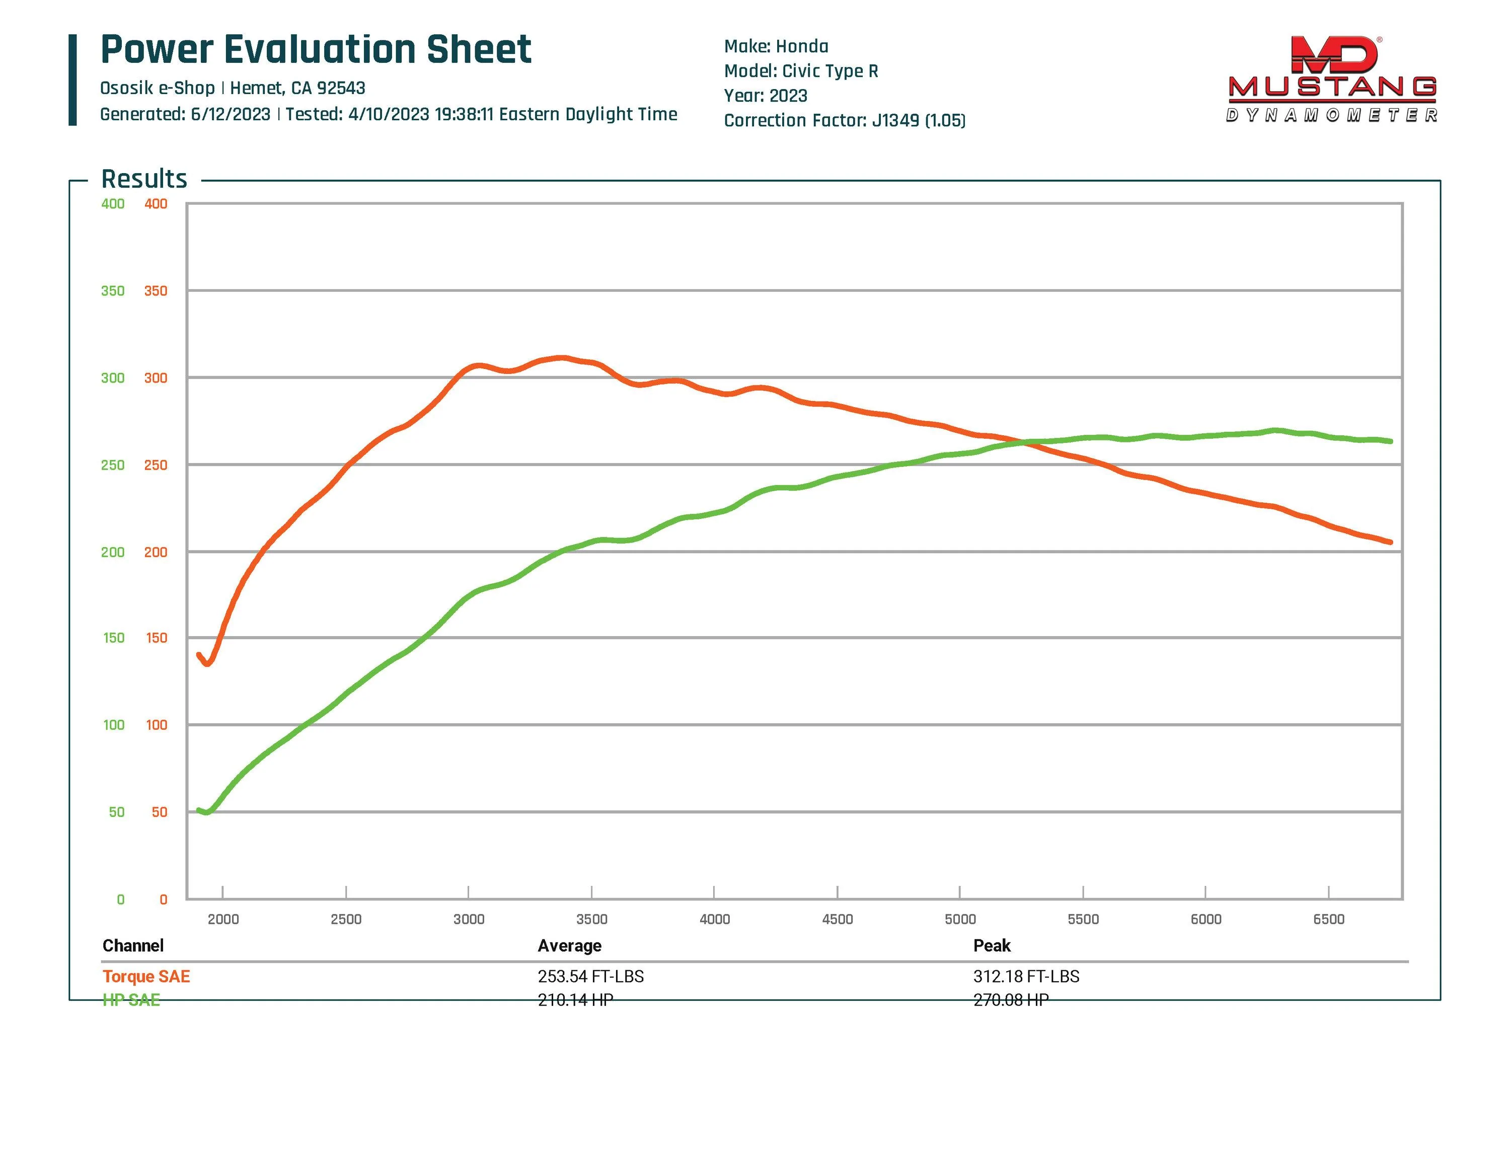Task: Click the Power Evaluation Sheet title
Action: (x=316, y=50)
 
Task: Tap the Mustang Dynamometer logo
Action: (x=1332, y=80)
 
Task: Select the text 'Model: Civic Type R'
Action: (x=801, y=71)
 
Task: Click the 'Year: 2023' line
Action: (x=766, y=96)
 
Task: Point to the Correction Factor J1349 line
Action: (x=844, y=121)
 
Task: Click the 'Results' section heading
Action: (x=144, y=179)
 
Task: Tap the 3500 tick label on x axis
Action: (x=592, y=919)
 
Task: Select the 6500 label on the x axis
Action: (x=1328, y=919)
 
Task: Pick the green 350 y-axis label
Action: (x=113, y=291)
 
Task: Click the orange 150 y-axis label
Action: (x=156, y=638)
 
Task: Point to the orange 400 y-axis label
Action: (x=156, y=204)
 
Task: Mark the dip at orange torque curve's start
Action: (x=207, y=663)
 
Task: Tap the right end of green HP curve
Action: (x=1390, y=441)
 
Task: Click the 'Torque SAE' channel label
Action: (x=146, y=976)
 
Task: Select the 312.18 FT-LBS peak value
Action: (x=1026, y=976)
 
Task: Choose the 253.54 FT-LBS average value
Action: (x=590, y=976)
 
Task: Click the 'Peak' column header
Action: (x=992, y=946)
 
